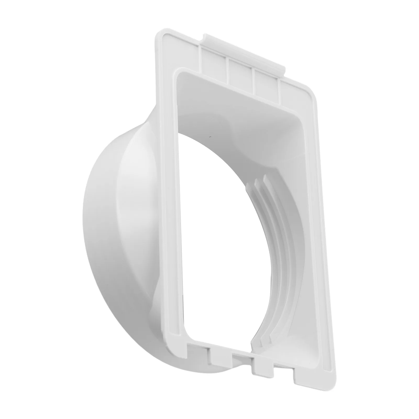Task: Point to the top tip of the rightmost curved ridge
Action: (x=264, y=177)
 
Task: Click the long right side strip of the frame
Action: (x=317, y=236)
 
